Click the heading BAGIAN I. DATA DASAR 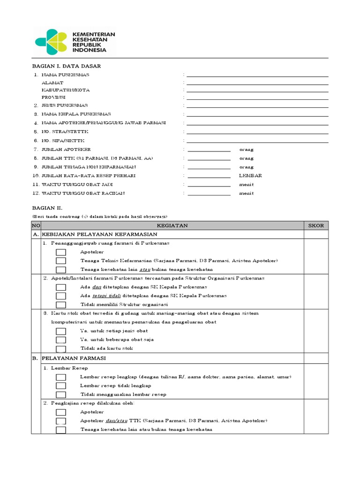point(66,66)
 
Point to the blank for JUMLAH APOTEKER point(209,150)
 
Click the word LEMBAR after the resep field point(250,176)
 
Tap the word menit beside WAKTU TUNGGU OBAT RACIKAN point(246,193)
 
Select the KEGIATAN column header point(172,225)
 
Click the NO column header point(36,225)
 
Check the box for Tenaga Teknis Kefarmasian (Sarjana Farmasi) point(61,261)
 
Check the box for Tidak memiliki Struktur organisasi point(61,304)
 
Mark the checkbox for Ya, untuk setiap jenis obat point(61,331)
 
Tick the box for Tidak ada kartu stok point(61,348)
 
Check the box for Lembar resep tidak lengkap point(61,385)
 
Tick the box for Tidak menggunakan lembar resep point(61,394)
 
